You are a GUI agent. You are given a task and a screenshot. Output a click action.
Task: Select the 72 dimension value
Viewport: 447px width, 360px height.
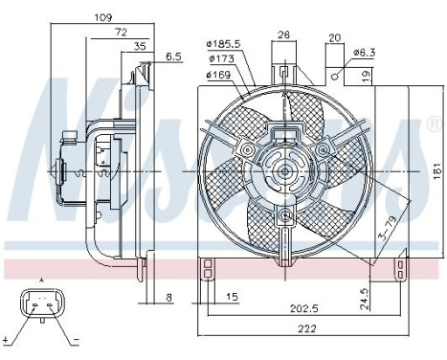pos(121,33)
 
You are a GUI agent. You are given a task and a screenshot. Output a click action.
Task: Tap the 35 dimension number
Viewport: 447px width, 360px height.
pos(140,45)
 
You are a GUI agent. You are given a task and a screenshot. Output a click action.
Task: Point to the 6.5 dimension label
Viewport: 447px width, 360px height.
pos(173,56)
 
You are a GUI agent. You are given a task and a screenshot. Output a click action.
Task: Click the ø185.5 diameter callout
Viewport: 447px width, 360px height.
pos(224,44)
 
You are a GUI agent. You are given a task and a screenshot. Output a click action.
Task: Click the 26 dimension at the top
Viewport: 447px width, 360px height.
pos(282,36)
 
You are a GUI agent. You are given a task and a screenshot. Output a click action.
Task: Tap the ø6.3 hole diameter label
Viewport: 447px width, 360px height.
pos(364,53)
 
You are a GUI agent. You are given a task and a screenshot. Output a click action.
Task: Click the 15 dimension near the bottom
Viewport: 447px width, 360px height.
pos(233,299)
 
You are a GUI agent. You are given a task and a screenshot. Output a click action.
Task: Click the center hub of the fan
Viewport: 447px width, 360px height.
pos(285,173)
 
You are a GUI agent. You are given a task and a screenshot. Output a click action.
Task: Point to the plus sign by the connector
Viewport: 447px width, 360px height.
pos(7,340)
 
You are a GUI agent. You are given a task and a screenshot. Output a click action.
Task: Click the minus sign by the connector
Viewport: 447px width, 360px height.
pos(76,340)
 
